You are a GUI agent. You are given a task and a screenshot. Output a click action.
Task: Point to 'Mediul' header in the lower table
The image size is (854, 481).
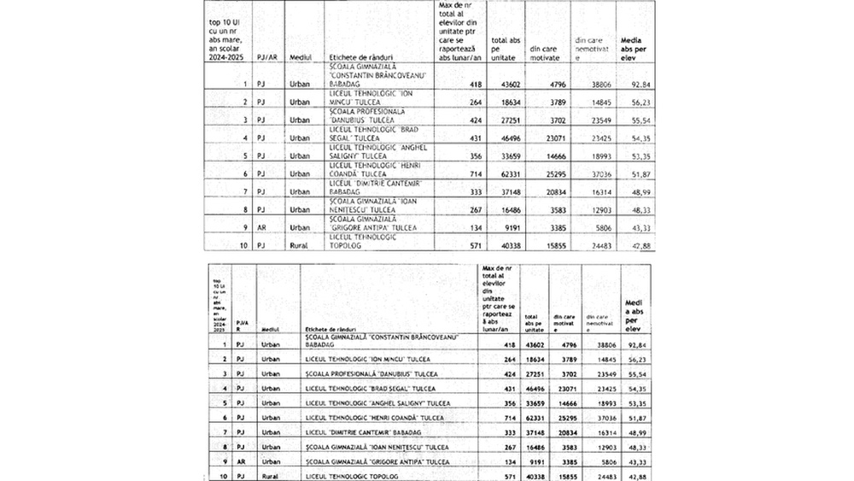(271, 328)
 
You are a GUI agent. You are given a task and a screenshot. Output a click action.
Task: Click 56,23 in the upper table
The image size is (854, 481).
(637, 103)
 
